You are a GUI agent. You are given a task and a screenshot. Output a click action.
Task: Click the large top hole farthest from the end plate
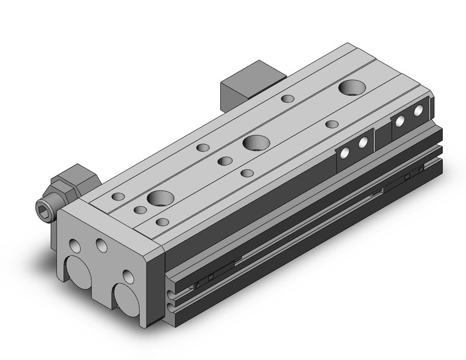[351, 88]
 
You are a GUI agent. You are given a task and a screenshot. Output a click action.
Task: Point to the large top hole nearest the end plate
[159, 199]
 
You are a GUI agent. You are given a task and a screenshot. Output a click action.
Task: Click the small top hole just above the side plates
[332, 124]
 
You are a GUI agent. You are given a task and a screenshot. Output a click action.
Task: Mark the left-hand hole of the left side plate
[345, 153]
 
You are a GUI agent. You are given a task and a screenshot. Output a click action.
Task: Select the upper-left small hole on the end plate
[75, 246]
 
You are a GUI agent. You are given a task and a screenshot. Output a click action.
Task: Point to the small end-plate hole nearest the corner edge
[128, 277]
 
